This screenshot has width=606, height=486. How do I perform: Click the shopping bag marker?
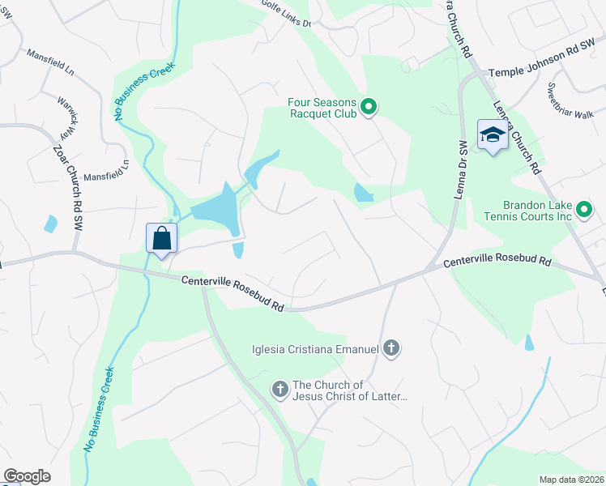(x=162, y=240)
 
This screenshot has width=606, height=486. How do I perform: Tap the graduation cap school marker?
(x=492, y=134)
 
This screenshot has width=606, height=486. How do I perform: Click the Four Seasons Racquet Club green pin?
(x=369, y=107)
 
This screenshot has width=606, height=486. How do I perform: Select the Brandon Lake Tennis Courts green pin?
(x=585, y=211)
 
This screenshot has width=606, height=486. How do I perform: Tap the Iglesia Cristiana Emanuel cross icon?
(x=391, y=349)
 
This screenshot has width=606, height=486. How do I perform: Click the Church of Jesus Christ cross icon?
(x=280, y=390)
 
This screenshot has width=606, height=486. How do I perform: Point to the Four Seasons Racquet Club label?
(x=323, y=108)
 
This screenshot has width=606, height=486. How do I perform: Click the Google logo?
(x=27, y=476)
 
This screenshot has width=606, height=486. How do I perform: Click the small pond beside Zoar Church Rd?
(x=51, y=224)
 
